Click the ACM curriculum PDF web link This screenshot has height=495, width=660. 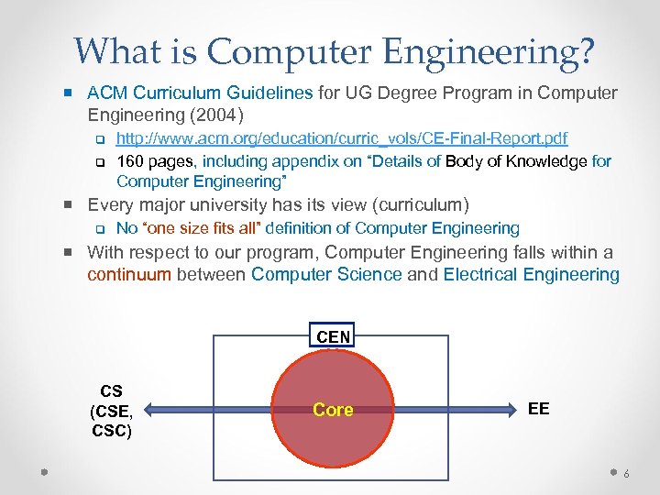click(342, 138)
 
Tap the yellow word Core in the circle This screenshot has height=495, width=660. click(333, 410)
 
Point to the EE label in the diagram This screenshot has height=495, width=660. click(539, 409)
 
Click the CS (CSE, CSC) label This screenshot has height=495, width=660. click(112, 412)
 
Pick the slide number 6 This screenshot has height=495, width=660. click(626, 474)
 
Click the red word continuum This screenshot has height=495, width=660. click(129, 275)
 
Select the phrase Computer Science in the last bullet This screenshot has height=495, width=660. click(326, 275)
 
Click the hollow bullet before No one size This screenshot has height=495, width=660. click(101, 229)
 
